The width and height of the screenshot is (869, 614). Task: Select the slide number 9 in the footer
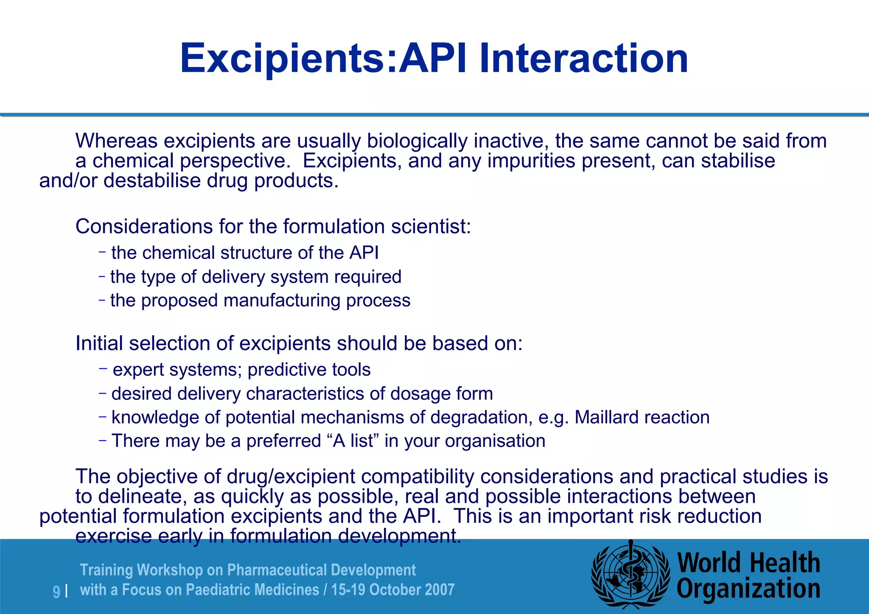click(56, 591)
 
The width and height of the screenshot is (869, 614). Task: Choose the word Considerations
click(144, 227)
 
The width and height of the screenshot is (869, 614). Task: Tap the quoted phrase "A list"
click(353, 441)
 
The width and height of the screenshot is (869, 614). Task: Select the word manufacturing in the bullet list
click(282, 301)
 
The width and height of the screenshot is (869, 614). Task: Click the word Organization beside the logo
click(748, 589)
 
